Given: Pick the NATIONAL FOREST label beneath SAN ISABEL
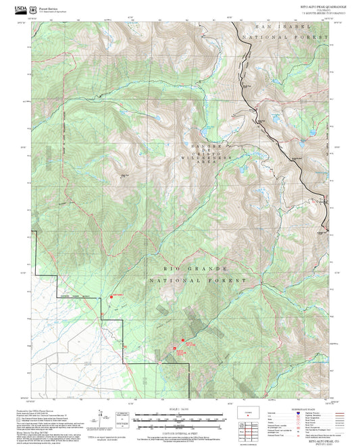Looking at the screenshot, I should tap(280, 38).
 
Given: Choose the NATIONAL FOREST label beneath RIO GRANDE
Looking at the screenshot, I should tap(198, 279).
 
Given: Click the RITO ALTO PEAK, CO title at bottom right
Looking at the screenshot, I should tap(307, 438).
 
